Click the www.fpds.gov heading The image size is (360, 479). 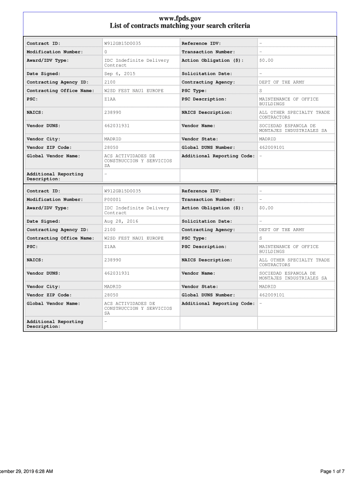(x=180, y=18)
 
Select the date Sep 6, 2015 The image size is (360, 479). (x=120, y=74)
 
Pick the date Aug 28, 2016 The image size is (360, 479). (x=121, y=221)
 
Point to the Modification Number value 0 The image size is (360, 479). (x=106, y=52)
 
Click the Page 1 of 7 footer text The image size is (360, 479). (x=332, y=471)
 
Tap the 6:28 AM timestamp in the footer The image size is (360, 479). (x=43, y=471)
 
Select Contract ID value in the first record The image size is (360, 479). (x=122, y=44)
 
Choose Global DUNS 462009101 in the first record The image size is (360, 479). (x=272, y=147)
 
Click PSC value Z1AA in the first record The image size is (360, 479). (x=110, y=99)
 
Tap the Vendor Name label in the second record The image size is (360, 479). (x=198, y=273)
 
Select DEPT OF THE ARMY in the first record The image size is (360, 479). (x=281, y=82)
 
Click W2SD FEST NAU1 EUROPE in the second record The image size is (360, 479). (x=134, y=238)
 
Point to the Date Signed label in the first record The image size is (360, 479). (x=43, y=74)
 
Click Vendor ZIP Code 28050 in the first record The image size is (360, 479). (x=111, y=147)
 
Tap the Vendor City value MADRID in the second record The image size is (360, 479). (x=113, y=287)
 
